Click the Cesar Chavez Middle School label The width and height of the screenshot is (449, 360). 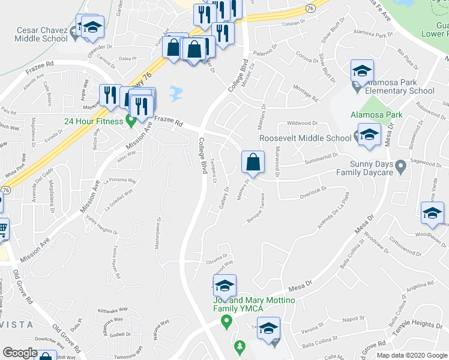(x=34, y=34)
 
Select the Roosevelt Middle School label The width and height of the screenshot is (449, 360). (x=305, y=138)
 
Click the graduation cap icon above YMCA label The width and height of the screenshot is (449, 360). (x=224, y=286)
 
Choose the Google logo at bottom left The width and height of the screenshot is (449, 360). (x=20, y=353)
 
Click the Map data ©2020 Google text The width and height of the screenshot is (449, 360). (x=412, y=355)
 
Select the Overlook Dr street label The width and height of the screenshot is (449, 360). (x=312, y=191)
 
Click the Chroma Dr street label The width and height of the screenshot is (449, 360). (x=217, y=262)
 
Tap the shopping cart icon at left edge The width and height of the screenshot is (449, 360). (x=3, y=227)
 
